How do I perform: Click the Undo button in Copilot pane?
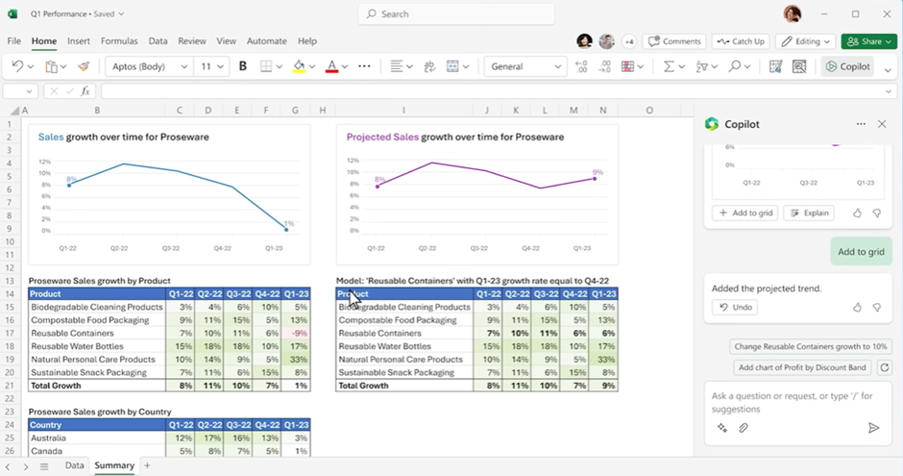(735, 307)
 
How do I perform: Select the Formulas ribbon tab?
(119, 41)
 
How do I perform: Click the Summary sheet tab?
(114, 465)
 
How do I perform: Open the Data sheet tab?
(74, 465)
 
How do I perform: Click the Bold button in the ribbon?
(243, 66)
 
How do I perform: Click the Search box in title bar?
(456, 14)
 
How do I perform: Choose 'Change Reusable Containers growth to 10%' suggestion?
(811, 346)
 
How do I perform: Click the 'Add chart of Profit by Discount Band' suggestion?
(802, 367)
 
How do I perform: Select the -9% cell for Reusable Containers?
(296, 333)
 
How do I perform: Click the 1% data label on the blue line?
(288, 223)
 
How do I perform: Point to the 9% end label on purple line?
(598, 172)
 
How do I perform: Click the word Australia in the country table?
(48, 438)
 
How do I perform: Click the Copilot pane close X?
(882, 124)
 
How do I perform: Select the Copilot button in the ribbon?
(848, 66)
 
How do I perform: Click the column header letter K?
(517, 111)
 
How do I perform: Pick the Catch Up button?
(741, 41)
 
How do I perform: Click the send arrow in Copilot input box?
(873, 428)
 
